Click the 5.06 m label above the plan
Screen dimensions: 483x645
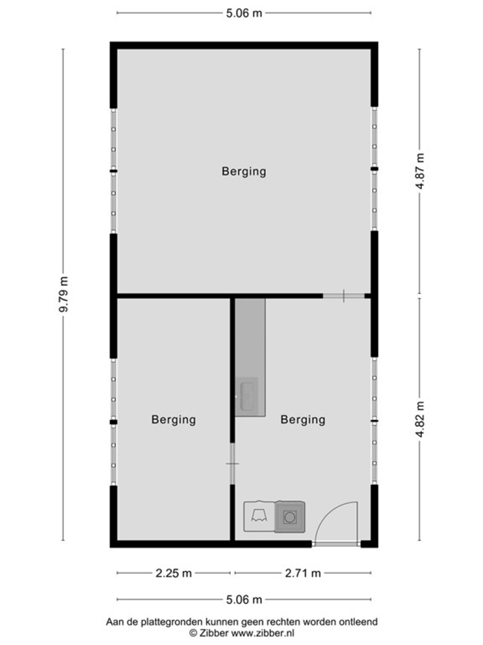click(244, 13)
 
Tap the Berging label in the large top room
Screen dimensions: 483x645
click(244, 172)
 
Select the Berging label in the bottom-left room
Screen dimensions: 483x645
click(173, 420)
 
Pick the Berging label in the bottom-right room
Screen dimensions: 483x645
click(303, 420)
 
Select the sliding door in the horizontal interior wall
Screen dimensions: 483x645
click(344, 296)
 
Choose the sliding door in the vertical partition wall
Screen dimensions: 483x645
click(232, 464)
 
